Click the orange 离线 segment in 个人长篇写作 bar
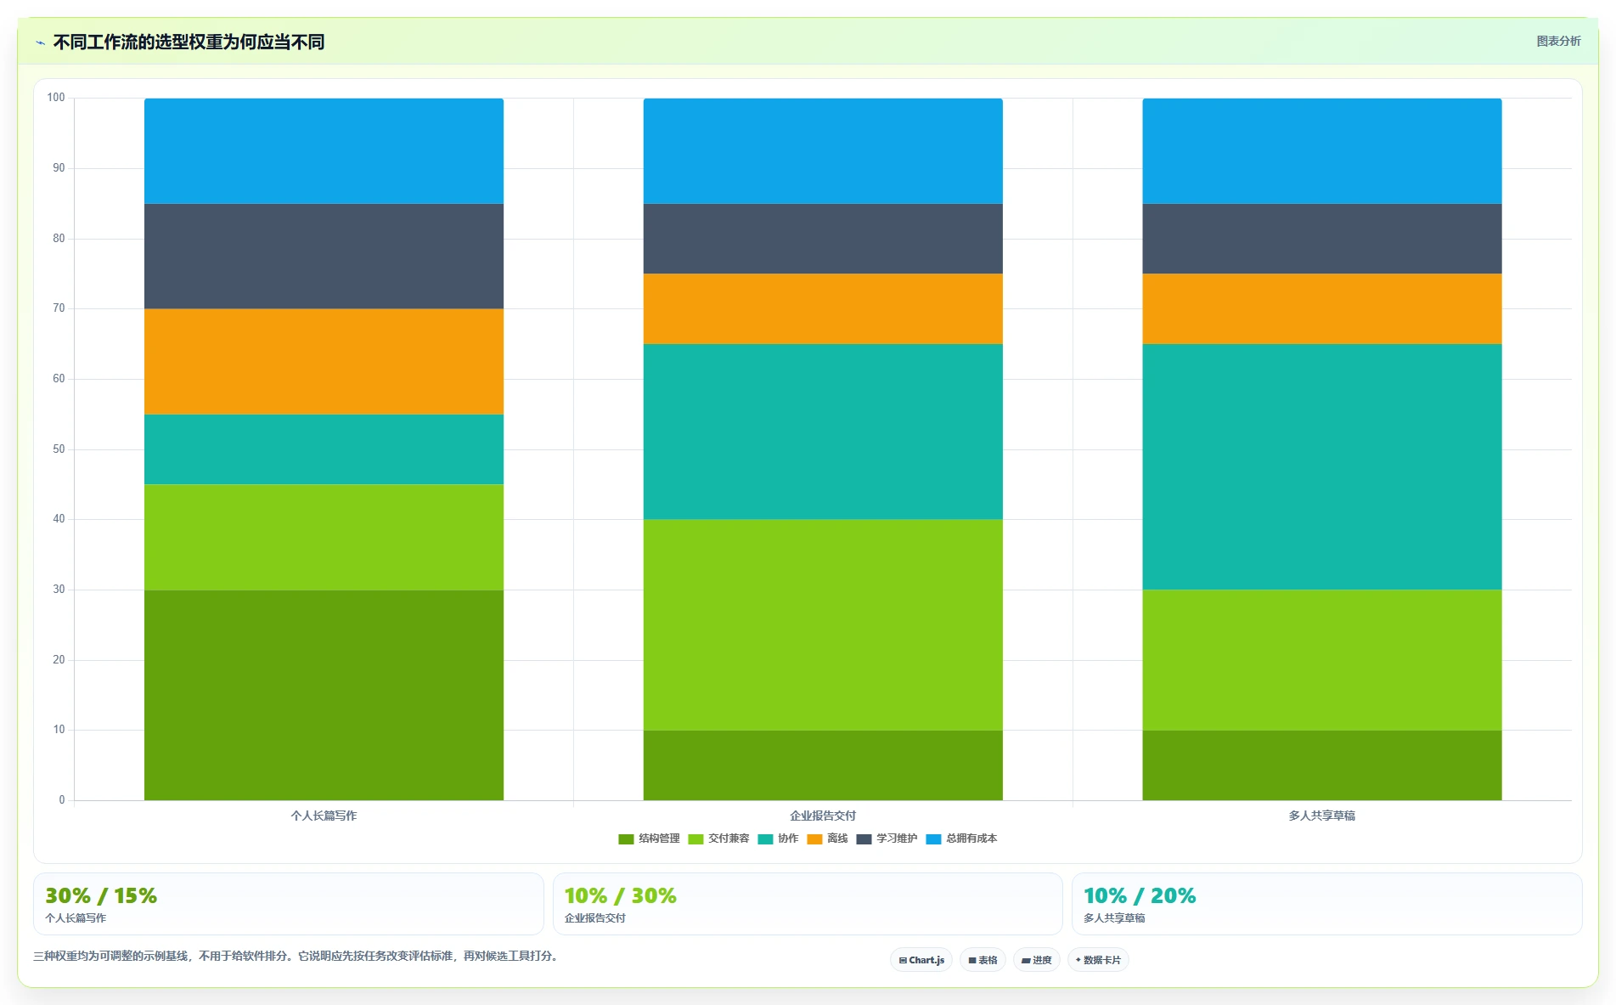pyautogui.click(x=324, y=361)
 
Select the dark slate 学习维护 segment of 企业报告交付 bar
pyautogui.click(x=823, y=239)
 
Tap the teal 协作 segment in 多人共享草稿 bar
pyautogui.click(x=1322, y=466)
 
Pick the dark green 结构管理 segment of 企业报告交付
pyautogui.click(x=823, y=765)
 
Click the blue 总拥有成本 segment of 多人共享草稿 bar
pyautogui.click(x=1322, y=151)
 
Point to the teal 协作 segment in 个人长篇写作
pyautogui.click(x=324, y=449)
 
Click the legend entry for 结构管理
pyautogui.click(x=649, y=838)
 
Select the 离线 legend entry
pyautogui.click(x=827, y=838)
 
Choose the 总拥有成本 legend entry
pyautogui.click(x=961, y=838)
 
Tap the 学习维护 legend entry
pyautogui.click(x=887, y=838)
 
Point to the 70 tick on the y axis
pyautogui.click(x=59, y=308)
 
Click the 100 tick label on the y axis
pyautogui.click(x=56, y=98)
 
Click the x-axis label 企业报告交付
pyautogui.click(x=823, y=816)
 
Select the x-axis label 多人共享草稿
pyautogui.click(x=1322, y=816)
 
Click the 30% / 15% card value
pyautogui.click(x=101, y=896)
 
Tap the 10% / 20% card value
pyautogui.click(x=1140, y=896)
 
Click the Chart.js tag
pyautogui.click(x=921, y=960)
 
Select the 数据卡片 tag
pyautogui.click(x=1098, y=960)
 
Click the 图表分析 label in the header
pyautogui.click(x=1559, y=41)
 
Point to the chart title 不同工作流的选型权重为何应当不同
pyautogui.click(x=189, y=42)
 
